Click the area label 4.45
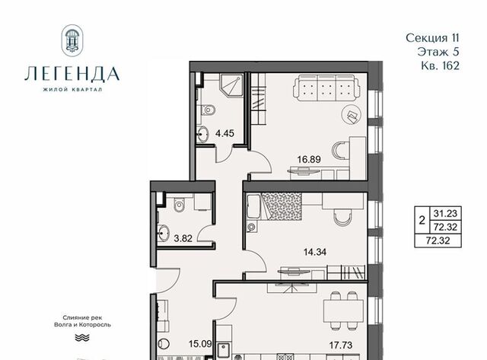[224, 133]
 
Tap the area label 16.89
[309, 159]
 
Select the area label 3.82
[183, 238]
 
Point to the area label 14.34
[315, 252]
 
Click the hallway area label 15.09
[200, 344]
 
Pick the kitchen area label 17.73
[341, 345]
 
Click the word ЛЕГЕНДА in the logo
[72, 74]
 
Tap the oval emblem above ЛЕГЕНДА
[72, 40]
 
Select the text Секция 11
[432, 38]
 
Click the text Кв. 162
[440, 66]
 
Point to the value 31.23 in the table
[445, 213]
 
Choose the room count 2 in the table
[422, 221]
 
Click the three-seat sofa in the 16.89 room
[326, 88]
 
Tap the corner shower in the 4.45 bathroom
[231, 85]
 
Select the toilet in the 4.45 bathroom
[208, 110]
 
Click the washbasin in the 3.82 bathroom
[163, 233]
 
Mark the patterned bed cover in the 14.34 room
[282, 206]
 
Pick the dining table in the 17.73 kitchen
[343, 311]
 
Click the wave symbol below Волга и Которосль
[82, 338]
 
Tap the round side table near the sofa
[352, 114]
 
